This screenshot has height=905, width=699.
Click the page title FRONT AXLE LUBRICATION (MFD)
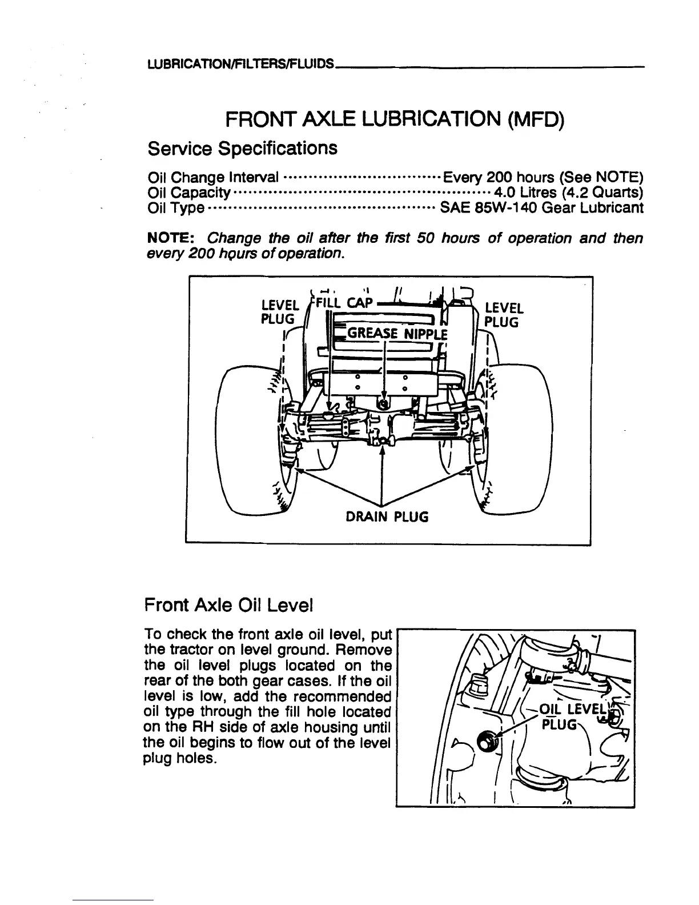click(x=395, y=121)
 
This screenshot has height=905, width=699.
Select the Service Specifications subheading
click(x=242, y=149)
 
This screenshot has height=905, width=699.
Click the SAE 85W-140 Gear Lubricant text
click(x=541, y=207)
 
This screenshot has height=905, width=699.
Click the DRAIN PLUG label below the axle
click(x=387, y=517)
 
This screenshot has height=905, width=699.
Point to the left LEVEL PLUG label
click(x=279, y=310)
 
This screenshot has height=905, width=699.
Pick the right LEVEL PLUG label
click(x=503, y=315)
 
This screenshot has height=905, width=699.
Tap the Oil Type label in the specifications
click(x=175, y=208)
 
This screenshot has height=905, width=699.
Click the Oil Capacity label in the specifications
click(x=188, y=192)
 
